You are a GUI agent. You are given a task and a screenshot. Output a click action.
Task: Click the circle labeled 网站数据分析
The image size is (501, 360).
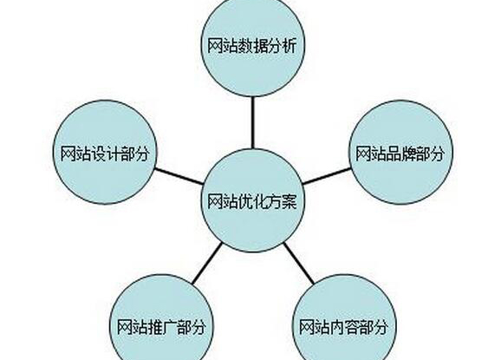(x=253, y=46)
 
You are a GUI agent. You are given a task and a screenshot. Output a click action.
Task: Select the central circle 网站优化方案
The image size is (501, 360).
(x=253, y=200)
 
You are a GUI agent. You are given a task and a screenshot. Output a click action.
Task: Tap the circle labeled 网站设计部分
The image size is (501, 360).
(x=105, y=153)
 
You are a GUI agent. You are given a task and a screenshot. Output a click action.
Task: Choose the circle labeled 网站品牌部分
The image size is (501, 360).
(x=400, y=153)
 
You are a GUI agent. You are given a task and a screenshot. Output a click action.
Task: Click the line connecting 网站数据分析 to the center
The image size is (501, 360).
(x=253, y=123)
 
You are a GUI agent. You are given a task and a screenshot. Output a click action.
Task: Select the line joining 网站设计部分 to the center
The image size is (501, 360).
(x=179, y=176)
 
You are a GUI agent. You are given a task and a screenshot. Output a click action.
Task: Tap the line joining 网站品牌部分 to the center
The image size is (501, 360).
(x=327, y=176)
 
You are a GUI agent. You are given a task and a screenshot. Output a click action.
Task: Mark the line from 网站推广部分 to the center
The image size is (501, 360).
(x=206, y=263)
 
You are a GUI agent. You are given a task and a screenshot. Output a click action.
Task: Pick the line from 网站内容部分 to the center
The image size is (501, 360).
(x=299, y=263)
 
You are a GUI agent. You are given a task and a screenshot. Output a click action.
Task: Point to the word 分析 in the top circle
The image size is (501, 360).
(x=282, y=46)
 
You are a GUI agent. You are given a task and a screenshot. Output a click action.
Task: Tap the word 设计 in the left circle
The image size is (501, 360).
(x=105, y=154)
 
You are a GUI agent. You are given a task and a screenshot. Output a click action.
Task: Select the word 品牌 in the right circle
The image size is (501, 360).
(x=400, y=154)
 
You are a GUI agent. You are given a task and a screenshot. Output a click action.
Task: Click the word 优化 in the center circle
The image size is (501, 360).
(x=252, y=201)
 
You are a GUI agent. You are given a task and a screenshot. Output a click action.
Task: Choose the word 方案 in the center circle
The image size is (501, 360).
(x=282, y=201)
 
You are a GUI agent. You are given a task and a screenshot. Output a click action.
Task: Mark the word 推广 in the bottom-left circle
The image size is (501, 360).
(x=162, y=327)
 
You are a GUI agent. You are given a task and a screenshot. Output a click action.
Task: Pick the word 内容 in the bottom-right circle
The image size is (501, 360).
(x=344, y=327)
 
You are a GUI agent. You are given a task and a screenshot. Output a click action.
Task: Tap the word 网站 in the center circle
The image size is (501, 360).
(x=223, y=201)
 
